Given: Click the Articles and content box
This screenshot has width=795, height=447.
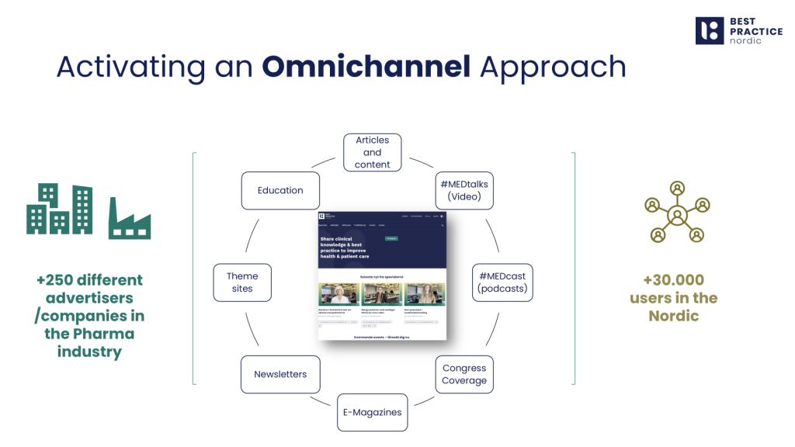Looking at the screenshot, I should tap(372, 152).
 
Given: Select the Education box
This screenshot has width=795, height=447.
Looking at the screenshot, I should tap(280, 190).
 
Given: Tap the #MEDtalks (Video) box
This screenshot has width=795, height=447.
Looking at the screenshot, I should tap(464, 190).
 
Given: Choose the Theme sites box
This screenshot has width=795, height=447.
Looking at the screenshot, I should tap(242, 282).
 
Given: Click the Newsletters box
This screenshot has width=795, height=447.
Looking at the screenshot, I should tap(280, 374).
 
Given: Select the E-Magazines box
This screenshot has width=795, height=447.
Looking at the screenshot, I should tap(373, 412).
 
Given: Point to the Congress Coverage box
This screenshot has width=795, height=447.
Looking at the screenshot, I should tap(464, 374).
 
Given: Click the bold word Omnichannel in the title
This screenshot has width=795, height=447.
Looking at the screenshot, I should tap(366, 67).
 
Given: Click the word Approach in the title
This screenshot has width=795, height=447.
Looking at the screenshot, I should tap(553, 67).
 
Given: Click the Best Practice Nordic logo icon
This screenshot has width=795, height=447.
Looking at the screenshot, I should tap(708, 30).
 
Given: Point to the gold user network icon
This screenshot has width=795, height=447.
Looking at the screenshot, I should tap(677, 211).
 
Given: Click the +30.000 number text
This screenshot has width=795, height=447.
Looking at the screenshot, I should tap(674, 280).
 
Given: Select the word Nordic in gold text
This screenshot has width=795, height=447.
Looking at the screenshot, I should tap(674, 316).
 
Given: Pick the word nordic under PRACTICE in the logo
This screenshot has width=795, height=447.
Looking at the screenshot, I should tap(745, 40).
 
